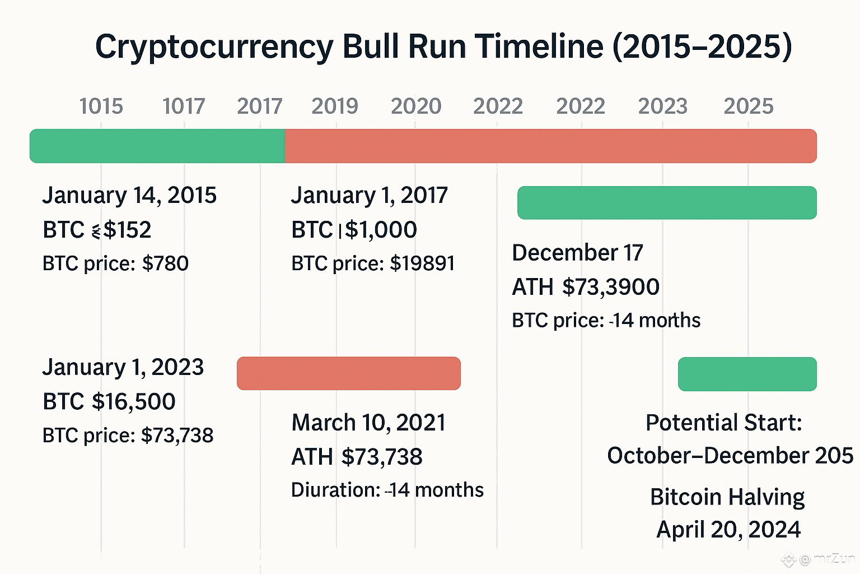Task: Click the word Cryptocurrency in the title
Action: pyautogui.click(x=214, y=47)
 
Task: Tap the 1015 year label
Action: pyautogui.click(x=101, y=107)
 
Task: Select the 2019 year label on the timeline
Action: pyautogui.click(x=334, y=107)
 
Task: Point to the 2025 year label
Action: pyautogui.click(x=748, y=107)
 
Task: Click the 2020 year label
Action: pyautogui.click(x=416, y=107)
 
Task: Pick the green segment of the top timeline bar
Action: pyautogui.click(x=157, y=146)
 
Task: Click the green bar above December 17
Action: pyautogui.click(x=666, y=202)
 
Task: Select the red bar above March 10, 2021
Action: pyautogui.click(x=348, y=373)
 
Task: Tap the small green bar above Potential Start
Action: pyautogui.click(x=747, y=374)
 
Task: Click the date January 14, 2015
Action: pyautogui.click(x=129, y=196)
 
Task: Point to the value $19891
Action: pyautogui.click(x=422, y=263)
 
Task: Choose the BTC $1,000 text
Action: pyautogui.click(x=354, y=230)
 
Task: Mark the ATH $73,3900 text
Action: pyautogui.click(x=586, y=287)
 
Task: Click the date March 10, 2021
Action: pyautogui.click(x=368, y=423)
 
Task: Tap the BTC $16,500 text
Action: pyautogui.click(x=109, y=402)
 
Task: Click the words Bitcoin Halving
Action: pyautogui.click(x=727, y=497)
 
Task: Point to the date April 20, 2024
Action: pyautogui.click(x=728, y=530)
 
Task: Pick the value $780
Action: pyautogui.click(x=165, y=263)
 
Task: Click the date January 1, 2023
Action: pyautogui.click(x=123, y=368)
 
